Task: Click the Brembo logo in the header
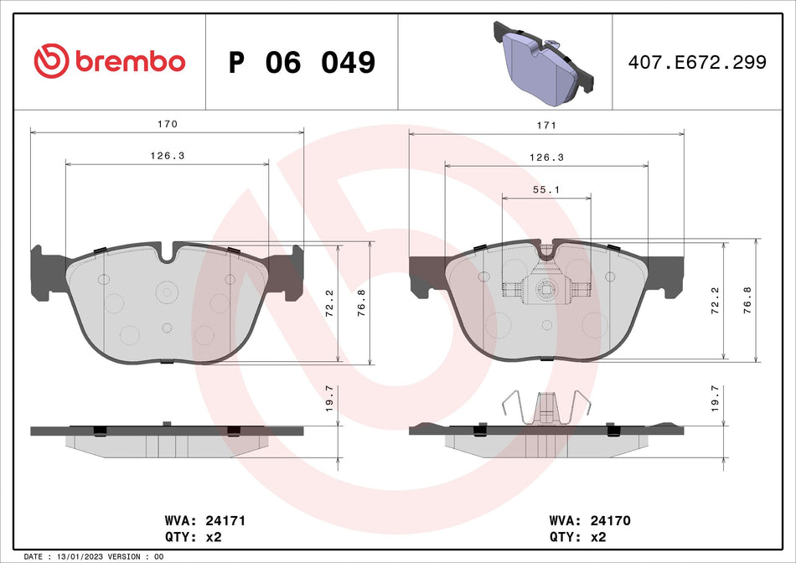click(x=109, y=61)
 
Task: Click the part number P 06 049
click(x=302, y=62)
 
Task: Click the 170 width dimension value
click(x=168, y=124)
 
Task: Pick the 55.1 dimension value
click(x=546, y=190)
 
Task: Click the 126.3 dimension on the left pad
click(x=168, y=156)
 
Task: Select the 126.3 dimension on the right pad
click(x=546, y=157)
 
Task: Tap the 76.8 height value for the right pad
click(x=747, y=300)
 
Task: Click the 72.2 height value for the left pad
click(x=329, y=300)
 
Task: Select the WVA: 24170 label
click(x=589, y=520)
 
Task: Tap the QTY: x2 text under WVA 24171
click(x=195, y=537)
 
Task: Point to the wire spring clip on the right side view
click(x=546, y=409)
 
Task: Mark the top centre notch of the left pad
click(x=167, y=252)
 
